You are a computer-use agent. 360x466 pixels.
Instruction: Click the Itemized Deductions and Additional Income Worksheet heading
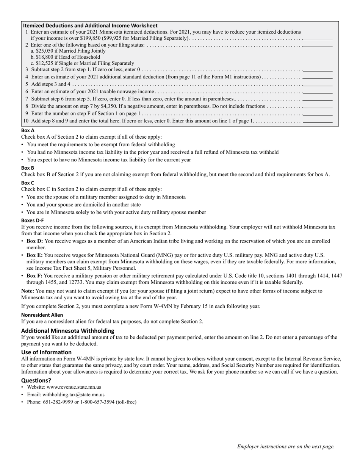pos(90,25)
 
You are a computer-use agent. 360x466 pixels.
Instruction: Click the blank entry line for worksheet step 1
pos(318,38)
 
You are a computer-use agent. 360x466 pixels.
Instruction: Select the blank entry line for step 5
pos(318,84)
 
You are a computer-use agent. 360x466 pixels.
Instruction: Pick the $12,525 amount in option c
pos(45,63)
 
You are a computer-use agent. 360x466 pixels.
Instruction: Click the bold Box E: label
pos(34,255)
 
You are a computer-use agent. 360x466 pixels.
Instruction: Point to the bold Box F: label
pos(34,276)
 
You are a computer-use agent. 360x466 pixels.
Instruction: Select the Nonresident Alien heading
pos(42,315)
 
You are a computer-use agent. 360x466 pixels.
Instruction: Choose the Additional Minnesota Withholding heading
pos(67,330)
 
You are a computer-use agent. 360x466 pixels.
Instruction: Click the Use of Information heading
pos(46,352)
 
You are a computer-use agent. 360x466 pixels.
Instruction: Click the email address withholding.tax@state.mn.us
pos(73,394)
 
